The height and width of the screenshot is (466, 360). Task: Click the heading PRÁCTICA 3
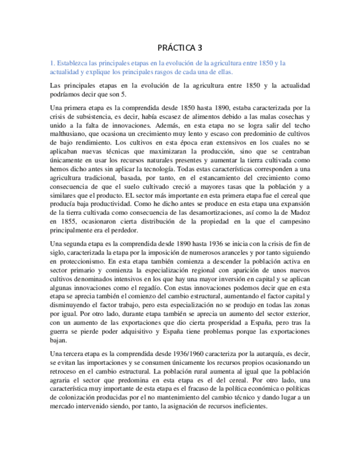pos(180,48)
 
